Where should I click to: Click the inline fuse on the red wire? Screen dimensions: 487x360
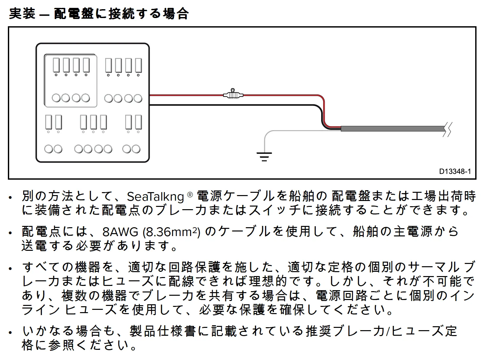coord(233,94)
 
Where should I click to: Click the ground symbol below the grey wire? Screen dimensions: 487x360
coord(264,157)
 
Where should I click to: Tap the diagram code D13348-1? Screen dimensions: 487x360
coord(455,171)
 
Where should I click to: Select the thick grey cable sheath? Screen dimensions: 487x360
coord(393,129)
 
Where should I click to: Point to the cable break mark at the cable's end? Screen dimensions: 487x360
coord(447,130)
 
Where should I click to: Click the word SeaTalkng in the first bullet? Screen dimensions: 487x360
coord(155,197)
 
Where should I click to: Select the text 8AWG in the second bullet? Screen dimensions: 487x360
coord(120,232)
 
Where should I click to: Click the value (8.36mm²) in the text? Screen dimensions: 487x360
coord(171,232)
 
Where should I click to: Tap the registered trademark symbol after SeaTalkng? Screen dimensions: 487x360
coord(190,195)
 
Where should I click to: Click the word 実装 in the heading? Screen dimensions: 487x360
coord(22,13)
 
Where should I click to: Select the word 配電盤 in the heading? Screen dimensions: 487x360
coord(74,13)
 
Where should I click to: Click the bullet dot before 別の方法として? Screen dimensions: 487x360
coord(10,197)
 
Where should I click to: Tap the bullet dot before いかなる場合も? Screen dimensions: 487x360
coord(10,332)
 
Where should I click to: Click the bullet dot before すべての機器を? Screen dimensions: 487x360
coord(10,269)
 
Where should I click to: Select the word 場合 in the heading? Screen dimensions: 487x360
coord(176,13)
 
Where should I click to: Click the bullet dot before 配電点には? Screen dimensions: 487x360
coord(10,233)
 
